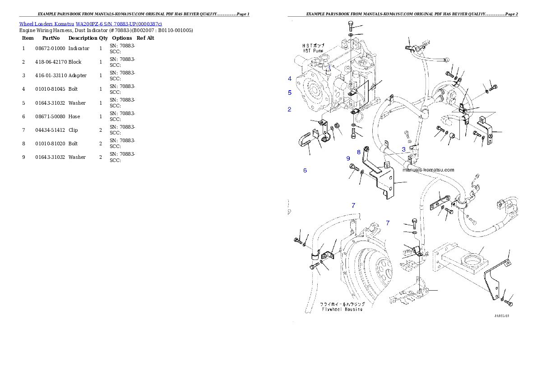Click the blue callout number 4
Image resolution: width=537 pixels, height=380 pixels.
coord(290,79)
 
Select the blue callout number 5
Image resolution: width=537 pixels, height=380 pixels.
coord(290,93)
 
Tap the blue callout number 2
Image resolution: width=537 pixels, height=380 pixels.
coord(290,109)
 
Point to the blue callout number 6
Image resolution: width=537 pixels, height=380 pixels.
coord(305,171)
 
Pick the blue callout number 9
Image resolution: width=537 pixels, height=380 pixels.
coord(348,158)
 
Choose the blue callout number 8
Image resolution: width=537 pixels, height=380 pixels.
coord(359,152)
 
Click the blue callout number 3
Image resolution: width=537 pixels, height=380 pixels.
coord(403,149)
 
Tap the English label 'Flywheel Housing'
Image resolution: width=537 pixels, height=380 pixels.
coord(342,309)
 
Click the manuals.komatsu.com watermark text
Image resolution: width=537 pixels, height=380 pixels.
coord(428,170)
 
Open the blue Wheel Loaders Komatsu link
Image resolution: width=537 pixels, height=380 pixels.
coord(90,23)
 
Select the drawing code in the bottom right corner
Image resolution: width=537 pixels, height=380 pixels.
coord(501,316)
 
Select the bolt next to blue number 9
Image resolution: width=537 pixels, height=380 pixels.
coord(354,169)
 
